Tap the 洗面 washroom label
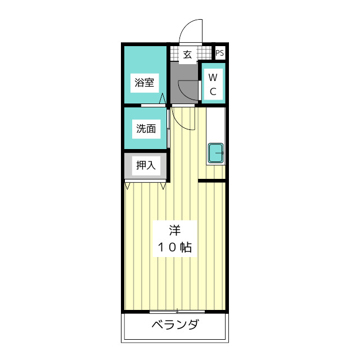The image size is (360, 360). (146, 128)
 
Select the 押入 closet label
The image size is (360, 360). (146, 165)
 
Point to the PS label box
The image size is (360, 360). (220, 53)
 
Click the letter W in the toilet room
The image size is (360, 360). (213, 77)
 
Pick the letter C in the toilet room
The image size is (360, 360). (213, 91)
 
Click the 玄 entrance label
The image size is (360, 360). (187, 55)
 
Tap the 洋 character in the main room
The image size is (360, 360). (175, 231)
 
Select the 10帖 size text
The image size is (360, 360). (175, 246)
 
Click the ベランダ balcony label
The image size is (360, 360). (175, 325)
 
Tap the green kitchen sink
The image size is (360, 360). (216, 153)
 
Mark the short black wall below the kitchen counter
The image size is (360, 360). (212, 181)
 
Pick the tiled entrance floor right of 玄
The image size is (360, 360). (205, 55)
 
